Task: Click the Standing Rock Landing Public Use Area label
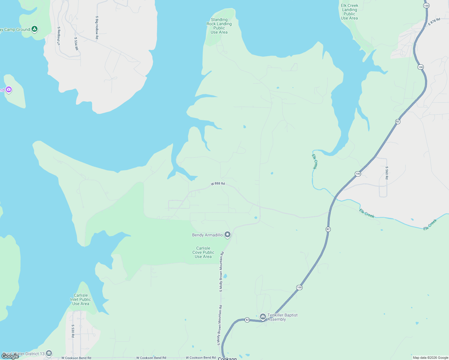219,26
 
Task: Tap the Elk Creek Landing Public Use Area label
349,12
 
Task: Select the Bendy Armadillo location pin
228,235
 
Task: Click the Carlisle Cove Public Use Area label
203,252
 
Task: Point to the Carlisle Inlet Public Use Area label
80,299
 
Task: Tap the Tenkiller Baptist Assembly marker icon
263,316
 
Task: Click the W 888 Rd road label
218,184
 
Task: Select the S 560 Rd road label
387,173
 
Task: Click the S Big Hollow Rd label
97,28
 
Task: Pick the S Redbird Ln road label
59,36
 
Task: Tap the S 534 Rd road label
76,43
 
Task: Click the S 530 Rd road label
73,331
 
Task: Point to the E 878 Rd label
434,21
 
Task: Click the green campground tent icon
35,29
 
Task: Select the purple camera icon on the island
9,89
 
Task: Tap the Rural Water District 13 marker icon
49,353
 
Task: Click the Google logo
10,356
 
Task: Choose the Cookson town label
227,358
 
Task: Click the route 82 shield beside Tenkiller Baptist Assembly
247,320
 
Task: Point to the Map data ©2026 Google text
430,358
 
